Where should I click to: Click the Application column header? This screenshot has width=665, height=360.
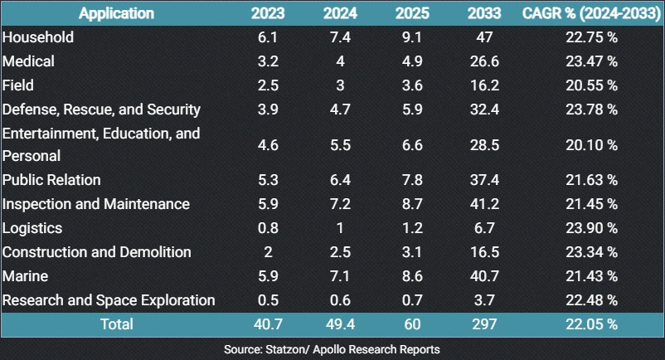click(x=117, y=13)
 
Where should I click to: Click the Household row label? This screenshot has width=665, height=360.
click(x=38, y=37)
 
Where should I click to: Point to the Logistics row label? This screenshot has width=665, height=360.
click(x=32, y=228)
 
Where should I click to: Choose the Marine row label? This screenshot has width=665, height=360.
click(x=25, y=276)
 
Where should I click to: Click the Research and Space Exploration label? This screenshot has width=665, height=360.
click(x=109, y=300)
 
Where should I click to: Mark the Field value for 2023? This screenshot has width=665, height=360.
click(x=267, y=85)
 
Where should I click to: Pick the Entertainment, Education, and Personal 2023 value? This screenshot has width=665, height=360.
click(x=267, y=144)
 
